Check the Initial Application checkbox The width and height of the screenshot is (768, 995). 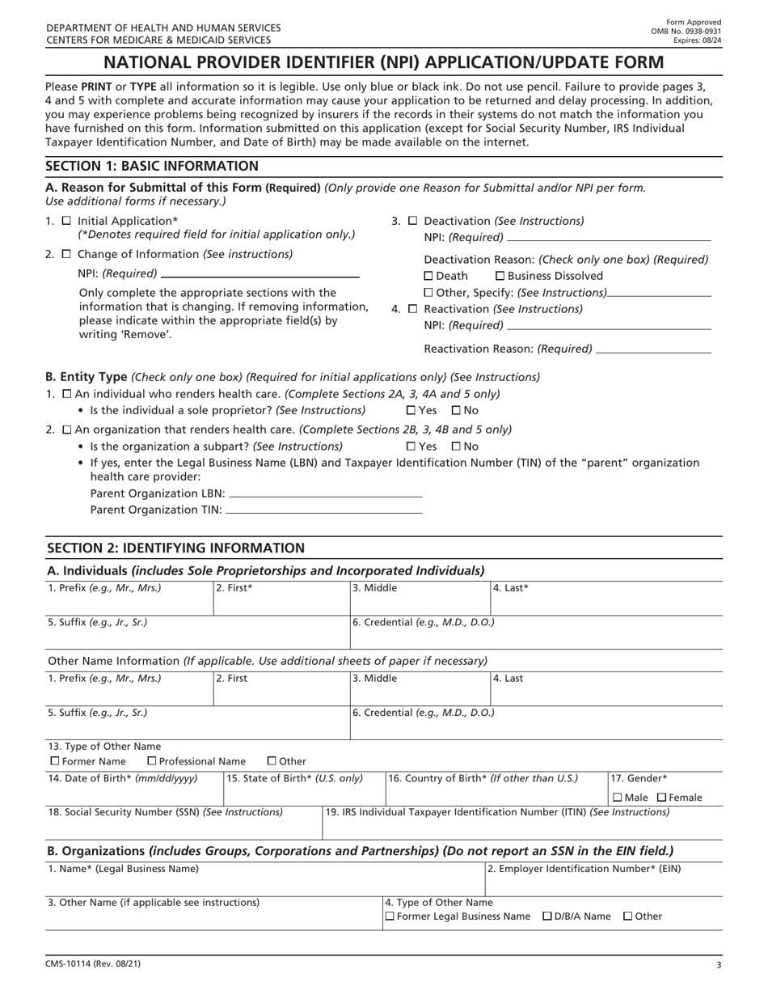tap(66, 221)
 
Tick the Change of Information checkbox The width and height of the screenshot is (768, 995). tap(66, 254)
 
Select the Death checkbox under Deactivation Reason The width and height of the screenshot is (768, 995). tap(428, 276)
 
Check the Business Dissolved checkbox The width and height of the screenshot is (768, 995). tap(500, 276)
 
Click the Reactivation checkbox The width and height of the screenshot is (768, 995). tap(412, 309)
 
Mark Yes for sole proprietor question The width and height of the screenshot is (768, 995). tap(411, 411)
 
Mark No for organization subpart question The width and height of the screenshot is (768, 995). tap(456, 447)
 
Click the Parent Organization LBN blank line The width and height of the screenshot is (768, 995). tap(326, 494)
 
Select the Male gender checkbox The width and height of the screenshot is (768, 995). tap(618, 798)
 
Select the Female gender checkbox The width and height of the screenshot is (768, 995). tap(661, 798)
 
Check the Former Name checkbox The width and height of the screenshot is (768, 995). tap(55, 761)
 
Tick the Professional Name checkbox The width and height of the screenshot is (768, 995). tap(152, 761)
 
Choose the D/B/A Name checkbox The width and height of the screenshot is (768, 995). tap(547, 917)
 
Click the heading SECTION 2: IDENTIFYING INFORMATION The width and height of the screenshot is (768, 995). tap(175, 548)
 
